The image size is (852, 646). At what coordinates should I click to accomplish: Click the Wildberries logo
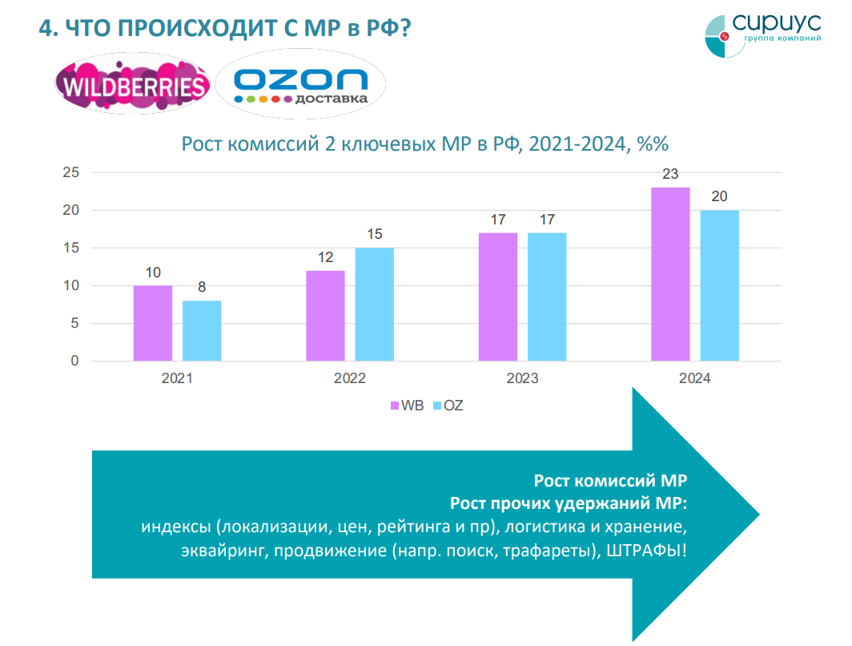coord(133,86)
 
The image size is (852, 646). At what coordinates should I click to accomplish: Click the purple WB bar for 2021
coord(153,323)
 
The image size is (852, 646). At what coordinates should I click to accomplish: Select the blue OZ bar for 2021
coord(202,330)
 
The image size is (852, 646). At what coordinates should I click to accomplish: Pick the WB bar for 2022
coord(325,316)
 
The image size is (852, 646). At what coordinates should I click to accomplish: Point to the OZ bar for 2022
coord(375,305)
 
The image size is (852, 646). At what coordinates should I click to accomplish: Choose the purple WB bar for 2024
coord(670,274)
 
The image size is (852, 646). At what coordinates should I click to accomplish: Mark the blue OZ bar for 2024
coord(720,285)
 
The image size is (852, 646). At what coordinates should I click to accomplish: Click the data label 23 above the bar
coord(670,174)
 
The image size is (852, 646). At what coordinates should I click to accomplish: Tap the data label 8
coord(202,287)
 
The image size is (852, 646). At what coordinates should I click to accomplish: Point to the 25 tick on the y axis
coord(71,172)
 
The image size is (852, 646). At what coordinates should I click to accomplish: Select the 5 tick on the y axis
coord(75,324)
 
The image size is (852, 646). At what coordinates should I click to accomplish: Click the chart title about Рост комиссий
coord(424,144)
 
